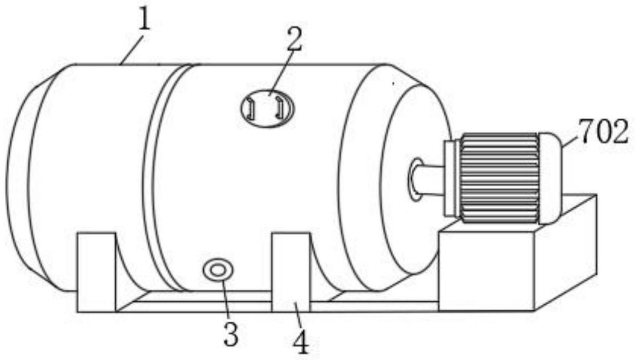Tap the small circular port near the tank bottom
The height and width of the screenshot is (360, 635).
click(x=217, y=270)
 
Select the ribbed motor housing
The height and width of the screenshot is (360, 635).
click(x=499, y=177)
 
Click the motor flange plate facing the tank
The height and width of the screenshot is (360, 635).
click(x=451, y=178)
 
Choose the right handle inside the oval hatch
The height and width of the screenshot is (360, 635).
click(x=280, y=107)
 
